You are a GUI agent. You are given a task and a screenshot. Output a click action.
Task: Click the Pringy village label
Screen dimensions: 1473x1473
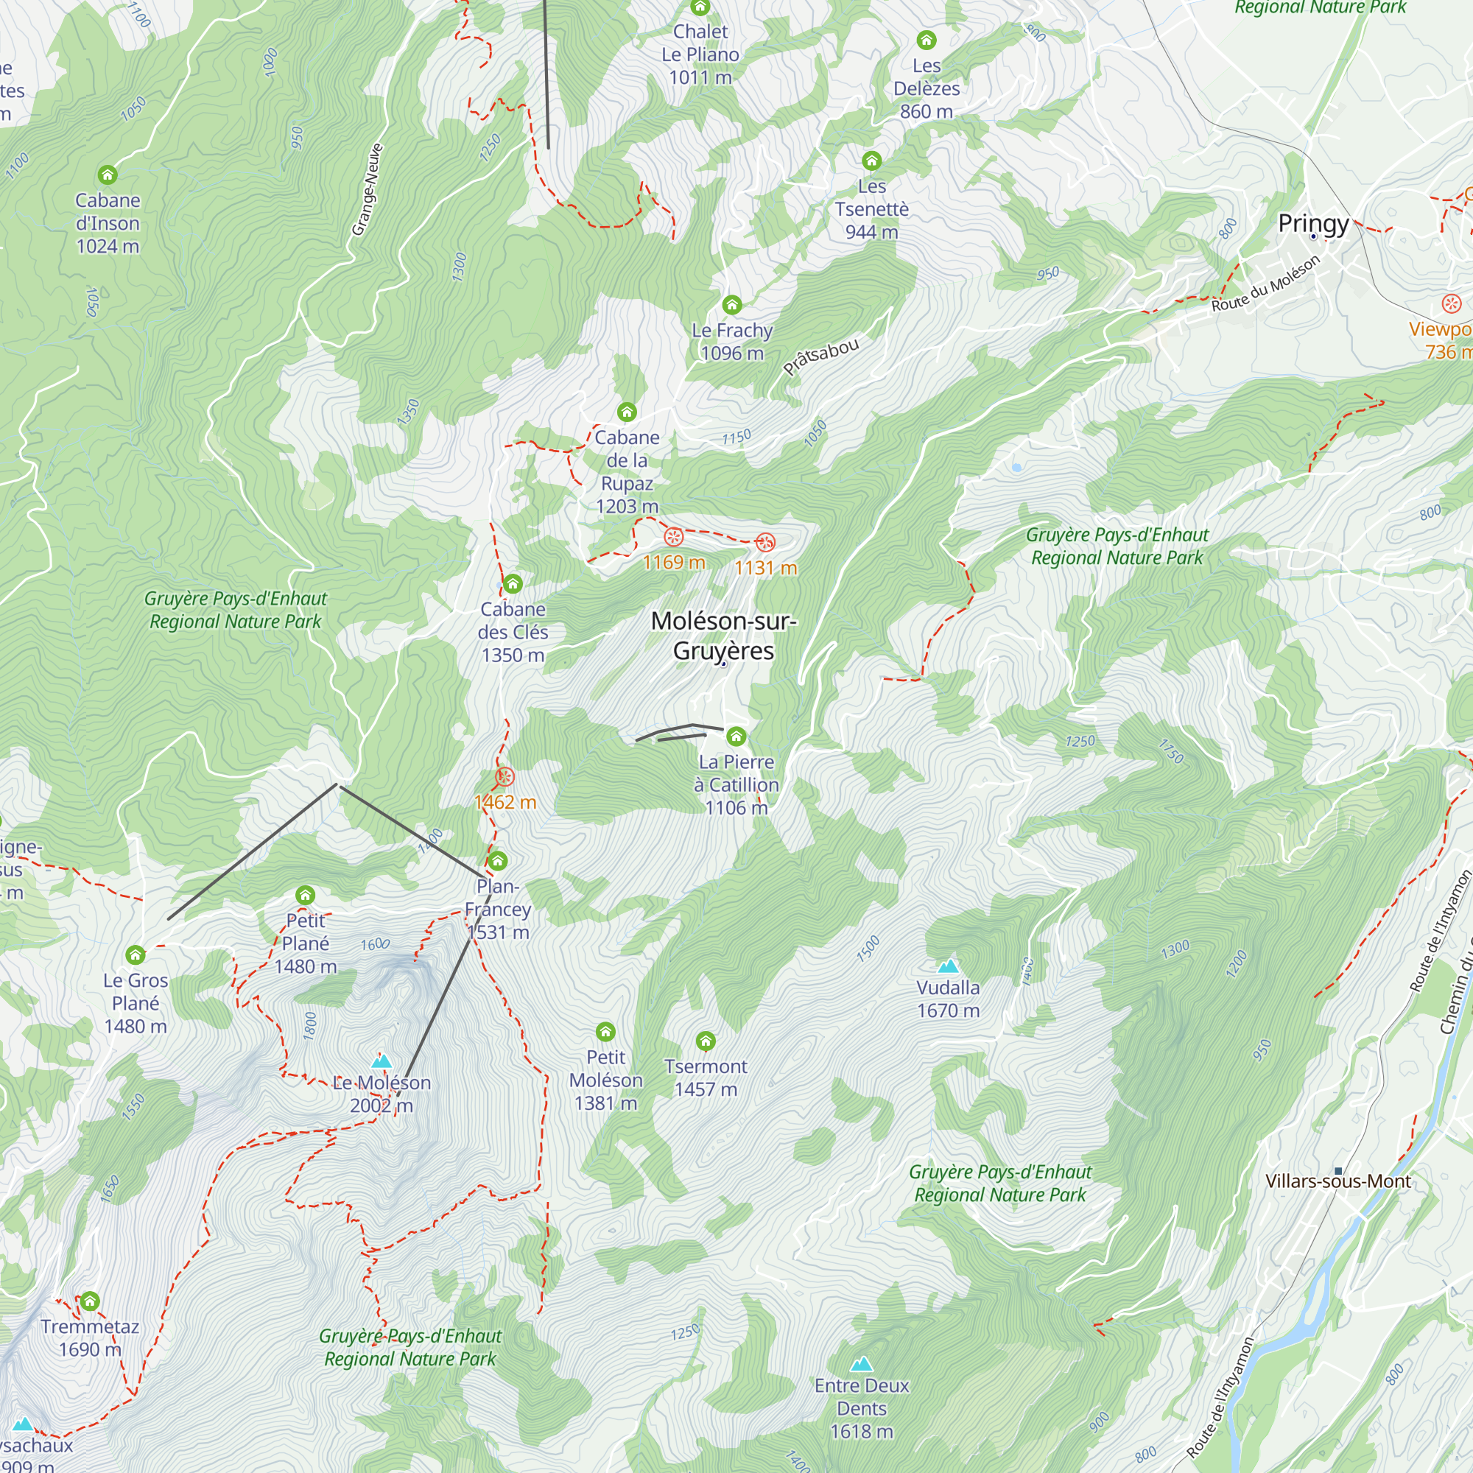(1313, 223)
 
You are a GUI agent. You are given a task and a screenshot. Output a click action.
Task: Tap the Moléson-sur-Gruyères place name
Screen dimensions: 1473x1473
(723, 636)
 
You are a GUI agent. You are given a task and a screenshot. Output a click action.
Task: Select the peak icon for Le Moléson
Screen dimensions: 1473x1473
(382, 1061)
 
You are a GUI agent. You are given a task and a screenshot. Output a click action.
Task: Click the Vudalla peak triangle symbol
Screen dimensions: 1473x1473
(948, 967)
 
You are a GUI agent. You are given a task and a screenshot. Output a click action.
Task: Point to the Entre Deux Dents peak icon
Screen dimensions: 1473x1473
(862, 1364)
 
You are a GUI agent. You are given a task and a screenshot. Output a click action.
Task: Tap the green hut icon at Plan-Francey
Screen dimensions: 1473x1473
(498, 862)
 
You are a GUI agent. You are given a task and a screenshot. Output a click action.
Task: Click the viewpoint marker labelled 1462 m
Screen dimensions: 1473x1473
(505, 777)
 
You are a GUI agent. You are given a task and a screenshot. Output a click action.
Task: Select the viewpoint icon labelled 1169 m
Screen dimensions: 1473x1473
(673, 537)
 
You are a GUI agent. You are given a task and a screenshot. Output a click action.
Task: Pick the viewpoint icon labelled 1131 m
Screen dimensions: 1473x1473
(765, 543)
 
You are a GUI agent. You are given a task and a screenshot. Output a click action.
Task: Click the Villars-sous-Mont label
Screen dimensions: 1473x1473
(1338, 1181)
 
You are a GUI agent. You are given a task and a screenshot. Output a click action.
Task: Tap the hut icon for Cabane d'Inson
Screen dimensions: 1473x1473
(108, 175)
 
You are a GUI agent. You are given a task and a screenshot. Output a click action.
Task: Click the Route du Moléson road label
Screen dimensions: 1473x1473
(1265, 284)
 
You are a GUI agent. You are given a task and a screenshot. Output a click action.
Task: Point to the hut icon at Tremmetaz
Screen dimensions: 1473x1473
(90, 1301)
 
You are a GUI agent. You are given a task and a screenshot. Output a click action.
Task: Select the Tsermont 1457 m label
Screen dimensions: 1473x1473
(706, 1077)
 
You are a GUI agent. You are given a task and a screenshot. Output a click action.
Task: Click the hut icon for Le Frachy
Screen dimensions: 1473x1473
(732, 305)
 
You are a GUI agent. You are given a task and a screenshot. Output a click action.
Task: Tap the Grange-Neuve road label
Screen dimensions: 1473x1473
(367, 190)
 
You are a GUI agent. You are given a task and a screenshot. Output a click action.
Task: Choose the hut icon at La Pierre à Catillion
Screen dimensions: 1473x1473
(736, 736)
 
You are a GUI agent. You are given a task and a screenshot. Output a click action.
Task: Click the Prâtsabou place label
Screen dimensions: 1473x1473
(821, 356)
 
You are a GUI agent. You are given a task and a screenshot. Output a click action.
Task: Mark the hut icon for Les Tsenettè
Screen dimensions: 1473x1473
(871, 161)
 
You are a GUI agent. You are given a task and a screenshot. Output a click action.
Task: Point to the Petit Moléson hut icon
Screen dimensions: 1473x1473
(605, 1033)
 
